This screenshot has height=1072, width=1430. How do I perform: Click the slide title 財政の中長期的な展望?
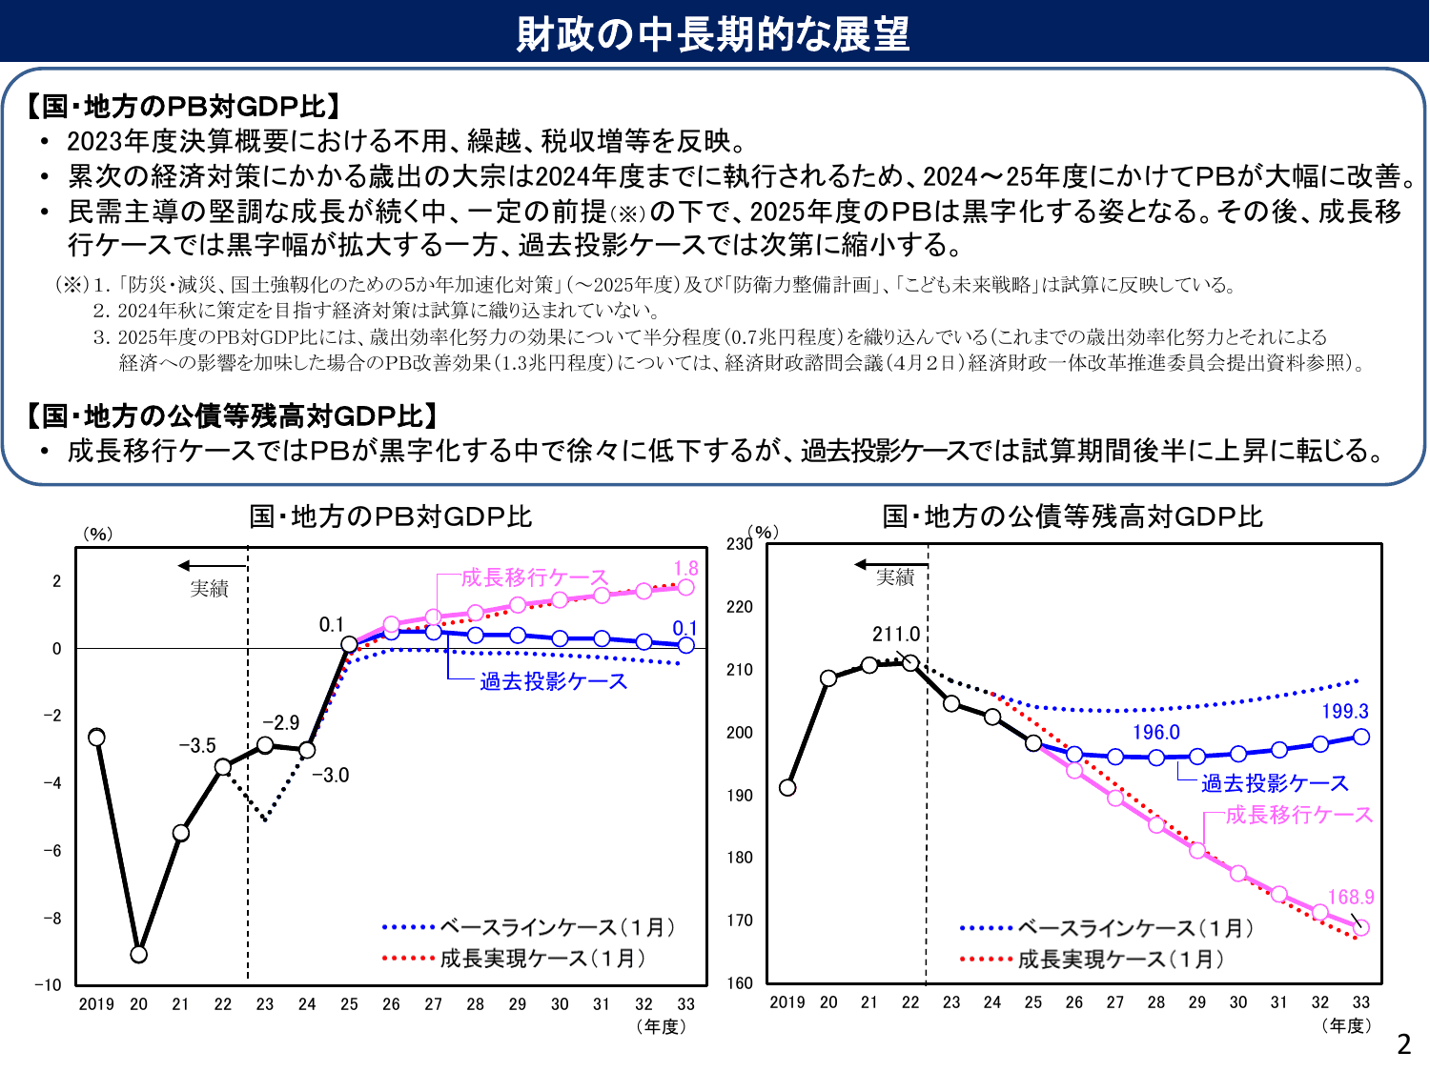(x=713, y=33)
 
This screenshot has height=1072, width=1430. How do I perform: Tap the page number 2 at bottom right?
(x=1403, y=1044)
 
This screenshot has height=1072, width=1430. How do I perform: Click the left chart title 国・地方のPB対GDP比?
(x=390, y=516)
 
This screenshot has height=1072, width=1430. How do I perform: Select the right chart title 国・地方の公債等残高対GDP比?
(x=1072, y=516)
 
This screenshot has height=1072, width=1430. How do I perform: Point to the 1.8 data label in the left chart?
(x=685, y=569)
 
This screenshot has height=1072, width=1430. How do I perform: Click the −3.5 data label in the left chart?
(x=197, y=745)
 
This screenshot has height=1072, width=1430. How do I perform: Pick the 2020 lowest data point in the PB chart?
(x=139, y=954)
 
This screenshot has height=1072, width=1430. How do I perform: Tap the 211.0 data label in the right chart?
(x=895, y=634)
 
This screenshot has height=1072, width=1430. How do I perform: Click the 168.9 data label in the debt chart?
(x=1351, y=897)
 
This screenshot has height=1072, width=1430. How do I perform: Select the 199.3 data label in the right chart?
(x=1344, y=711)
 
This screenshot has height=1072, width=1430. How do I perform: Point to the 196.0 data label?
(x=1155, y=732)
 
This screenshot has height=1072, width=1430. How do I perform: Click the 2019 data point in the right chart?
(x=787, y=787)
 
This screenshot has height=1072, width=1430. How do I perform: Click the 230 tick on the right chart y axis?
(x=739, y=544)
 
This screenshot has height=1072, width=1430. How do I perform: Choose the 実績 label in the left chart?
(x=209, y=589)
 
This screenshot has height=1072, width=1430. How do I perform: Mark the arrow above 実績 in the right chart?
(x=890, y=565)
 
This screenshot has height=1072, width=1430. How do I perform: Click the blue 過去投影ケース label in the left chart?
(x=553, y=681)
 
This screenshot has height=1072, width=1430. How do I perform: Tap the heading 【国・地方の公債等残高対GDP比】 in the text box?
(x=234, y=415)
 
